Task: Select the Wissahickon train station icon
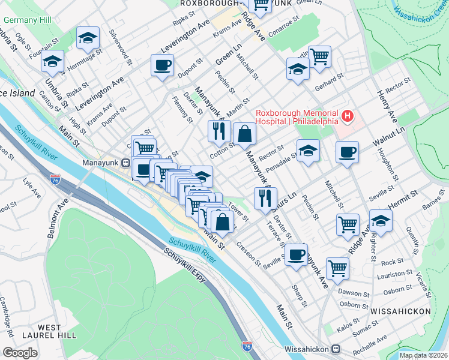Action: pyautogui.click(x=337, y=348)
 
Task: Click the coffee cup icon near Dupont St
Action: pyautogui.click(x=161, y=65)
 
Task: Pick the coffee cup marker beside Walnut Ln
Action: pyautogui.click(x=347, y=152)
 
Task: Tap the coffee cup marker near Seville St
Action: pyautogui.click(x=295, y=254)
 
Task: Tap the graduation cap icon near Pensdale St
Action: pyautogui.click(x=308, y=151)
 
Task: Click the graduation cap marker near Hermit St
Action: pyautogui.click(x=381, y=221)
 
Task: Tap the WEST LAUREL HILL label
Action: pyautogui.click(x=41, y=332)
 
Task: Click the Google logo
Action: pyautogui.click(x=20, y=352)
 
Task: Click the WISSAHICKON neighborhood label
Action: pyautogui.click(x=400, y=311)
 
